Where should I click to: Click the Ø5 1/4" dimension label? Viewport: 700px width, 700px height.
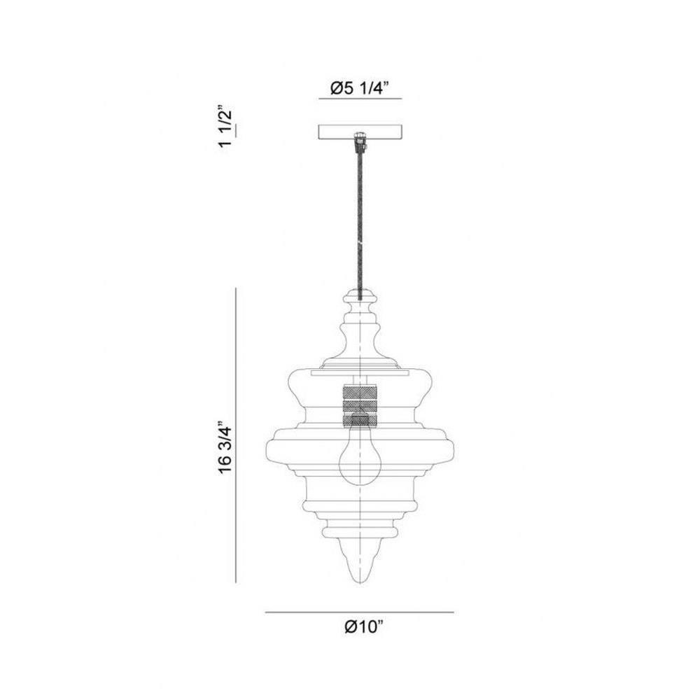[360, 88]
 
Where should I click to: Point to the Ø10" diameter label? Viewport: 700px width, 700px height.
[364, 626]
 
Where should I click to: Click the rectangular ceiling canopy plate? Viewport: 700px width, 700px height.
[360, 132]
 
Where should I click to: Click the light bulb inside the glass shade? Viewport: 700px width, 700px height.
[359, 451]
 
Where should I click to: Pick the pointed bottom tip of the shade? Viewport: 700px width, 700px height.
[359, 582]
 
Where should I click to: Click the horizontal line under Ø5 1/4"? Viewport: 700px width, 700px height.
[360, 98]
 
